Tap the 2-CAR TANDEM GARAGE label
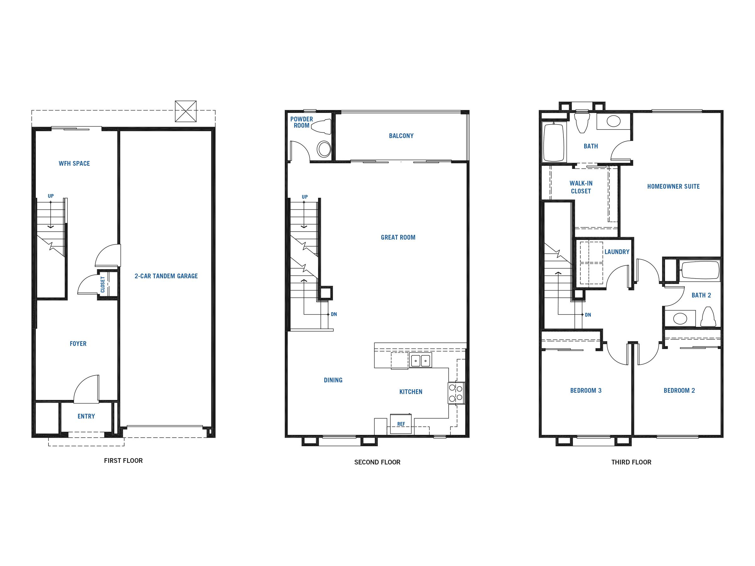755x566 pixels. point(166,276)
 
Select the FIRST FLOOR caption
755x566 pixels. point(123,461)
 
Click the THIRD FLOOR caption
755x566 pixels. point(631,462)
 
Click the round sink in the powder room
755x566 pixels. point(324,149)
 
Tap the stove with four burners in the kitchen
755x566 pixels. point(456,393)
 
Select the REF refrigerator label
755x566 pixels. point(401,424)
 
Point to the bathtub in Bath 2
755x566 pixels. point(700,270)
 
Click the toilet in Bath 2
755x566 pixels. point(708,316)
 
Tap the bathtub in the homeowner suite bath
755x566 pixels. point(554,143)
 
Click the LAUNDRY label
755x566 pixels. point(617,252)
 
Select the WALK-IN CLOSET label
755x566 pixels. point(581,187)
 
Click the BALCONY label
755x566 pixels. point(401,136)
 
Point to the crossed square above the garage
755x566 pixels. point(186,111)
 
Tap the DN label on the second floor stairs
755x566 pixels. point(334,314)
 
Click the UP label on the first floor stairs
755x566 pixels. point(51,196)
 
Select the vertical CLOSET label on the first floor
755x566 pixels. point(103,285)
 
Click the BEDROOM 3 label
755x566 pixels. point(586,390)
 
